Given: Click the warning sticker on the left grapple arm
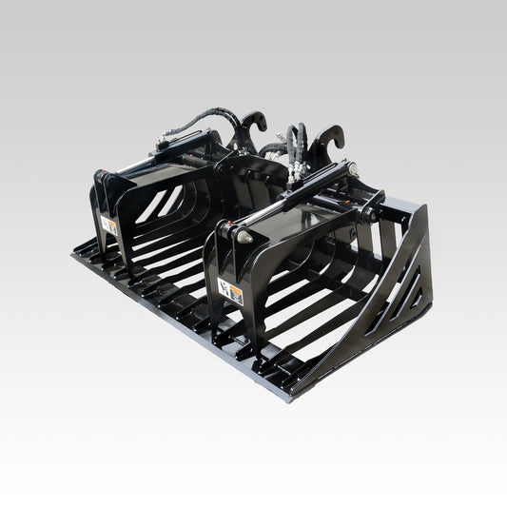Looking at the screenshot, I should point(110,225).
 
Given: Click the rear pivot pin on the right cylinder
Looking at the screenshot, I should point(353,170).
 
